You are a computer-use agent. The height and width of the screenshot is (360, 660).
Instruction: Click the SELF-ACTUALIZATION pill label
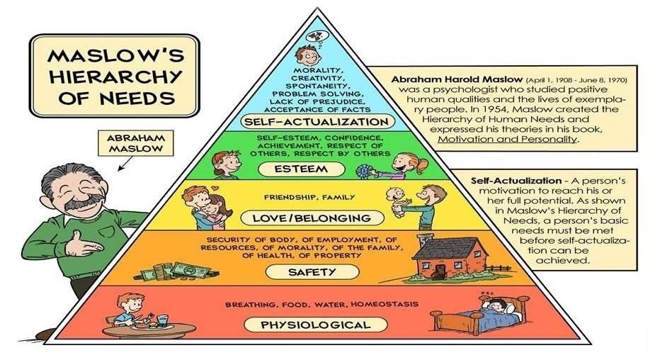coord(318,122)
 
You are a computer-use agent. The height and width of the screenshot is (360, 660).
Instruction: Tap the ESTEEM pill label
coord(301,169)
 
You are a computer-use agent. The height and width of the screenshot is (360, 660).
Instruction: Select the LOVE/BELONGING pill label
coord(312,218)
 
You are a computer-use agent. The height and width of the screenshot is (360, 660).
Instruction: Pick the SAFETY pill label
coord(312,272)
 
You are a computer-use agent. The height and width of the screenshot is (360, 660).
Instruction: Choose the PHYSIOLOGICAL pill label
coord(315,325)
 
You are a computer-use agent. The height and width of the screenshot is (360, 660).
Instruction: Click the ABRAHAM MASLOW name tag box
coord(135,143)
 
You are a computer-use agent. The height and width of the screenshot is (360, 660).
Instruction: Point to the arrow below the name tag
coord(125,164)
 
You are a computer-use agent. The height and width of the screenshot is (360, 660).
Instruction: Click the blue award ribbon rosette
coord(362,171)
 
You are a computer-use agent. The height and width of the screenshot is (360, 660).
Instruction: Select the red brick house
coord(450,257)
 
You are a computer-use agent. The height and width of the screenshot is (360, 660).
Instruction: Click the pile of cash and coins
coord(177,272)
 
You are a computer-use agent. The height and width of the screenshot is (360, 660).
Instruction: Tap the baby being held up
coord(397,202)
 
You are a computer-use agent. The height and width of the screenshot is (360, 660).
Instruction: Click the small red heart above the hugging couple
coord(215,189)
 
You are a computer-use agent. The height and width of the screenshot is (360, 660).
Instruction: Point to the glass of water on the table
coord(162,321)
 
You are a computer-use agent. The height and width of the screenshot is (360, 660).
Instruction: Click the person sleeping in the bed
coord(499,310)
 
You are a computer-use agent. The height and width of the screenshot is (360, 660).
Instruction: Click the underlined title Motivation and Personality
coord(507,139)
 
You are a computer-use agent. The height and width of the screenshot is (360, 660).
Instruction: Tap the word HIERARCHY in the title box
coord(115,77)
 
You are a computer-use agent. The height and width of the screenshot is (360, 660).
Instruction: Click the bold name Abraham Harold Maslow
coord(457,79)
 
